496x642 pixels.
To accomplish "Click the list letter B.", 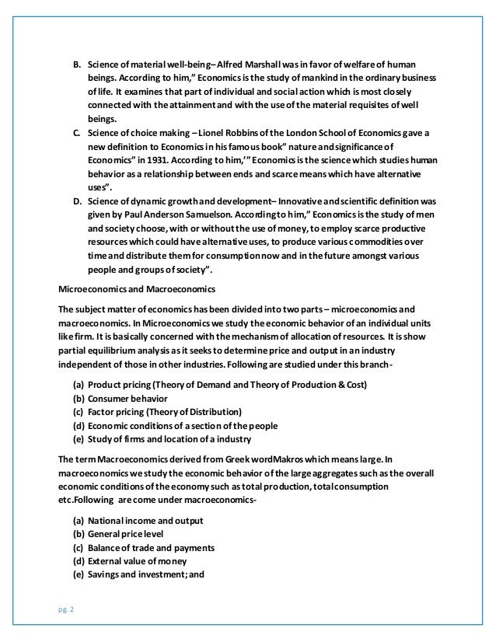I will (76, 64).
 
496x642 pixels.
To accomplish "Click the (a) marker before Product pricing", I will (78, 385).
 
